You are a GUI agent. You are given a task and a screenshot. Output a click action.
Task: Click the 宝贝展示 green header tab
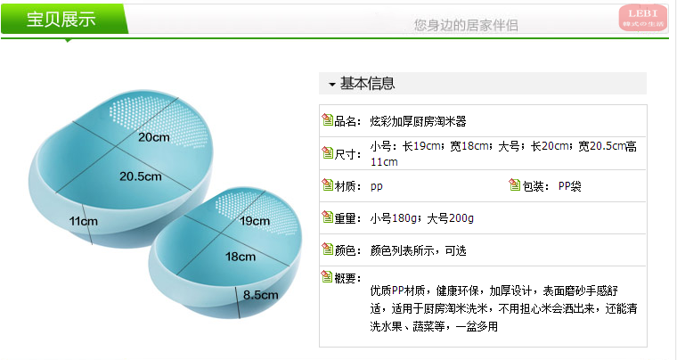click(x=61, y=20)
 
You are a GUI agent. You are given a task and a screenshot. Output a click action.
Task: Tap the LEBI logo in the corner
click(x=642, y=17)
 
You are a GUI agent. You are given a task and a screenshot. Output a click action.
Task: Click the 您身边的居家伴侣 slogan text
click(x=466, y=25)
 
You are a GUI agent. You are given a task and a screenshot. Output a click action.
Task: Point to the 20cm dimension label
click(x=153, y=137)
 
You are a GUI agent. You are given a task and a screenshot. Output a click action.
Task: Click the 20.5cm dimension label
click(x=140, y=176)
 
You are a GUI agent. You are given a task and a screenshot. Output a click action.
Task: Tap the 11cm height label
click(x=82, y=220)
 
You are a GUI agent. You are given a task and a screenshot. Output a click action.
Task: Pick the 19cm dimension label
click(x=254, y=220)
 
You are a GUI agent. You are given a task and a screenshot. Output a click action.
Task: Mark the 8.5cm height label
click(x=258, y=293)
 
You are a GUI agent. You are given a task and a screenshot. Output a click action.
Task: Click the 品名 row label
click(x=347, y=120)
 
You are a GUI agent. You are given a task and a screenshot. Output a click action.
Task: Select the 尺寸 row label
click(x=347, y=153)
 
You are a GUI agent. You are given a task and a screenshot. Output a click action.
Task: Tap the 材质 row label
click(x=347, y=186)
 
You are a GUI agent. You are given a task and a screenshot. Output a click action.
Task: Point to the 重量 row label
click(x=347, y=218)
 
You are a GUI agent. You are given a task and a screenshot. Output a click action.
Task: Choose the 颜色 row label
click(x=347, y=250)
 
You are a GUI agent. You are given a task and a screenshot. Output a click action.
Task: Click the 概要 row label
click(x=347, y=278)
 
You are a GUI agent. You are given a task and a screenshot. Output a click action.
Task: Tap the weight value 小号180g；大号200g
click(x=422, y=218)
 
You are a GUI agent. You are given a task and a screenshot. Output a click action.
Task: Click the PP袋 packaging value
click(x=569, y=186)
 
